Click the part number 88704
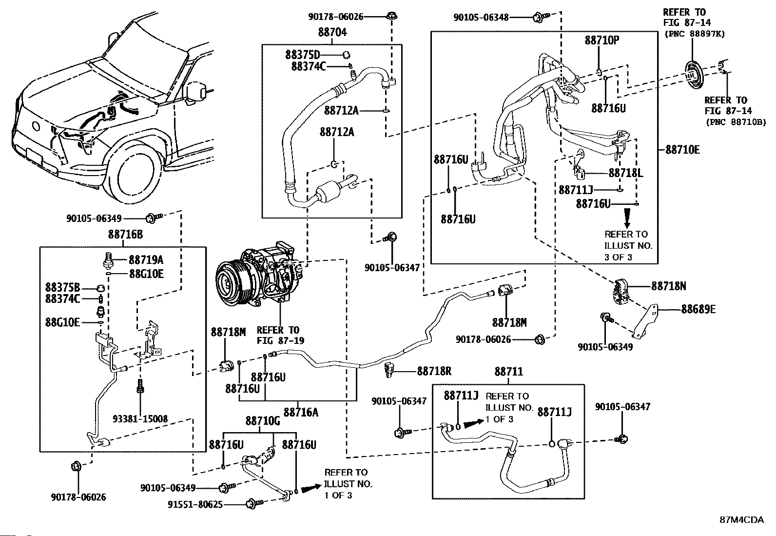pos(332,33)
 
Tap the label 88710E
pos(682,150)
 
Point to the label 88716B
pos(125,235)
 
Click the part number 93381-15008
pos(140,418)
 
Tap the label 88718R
pos(434,371)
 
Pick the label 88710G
pos(262,421)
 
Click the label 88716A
pos(301,412)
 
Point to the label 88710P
pos(601,40)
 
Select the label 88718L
pos(626,173)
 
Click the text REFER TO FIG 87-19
pos(280,335)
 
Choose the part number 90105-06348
pos(481,18)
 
